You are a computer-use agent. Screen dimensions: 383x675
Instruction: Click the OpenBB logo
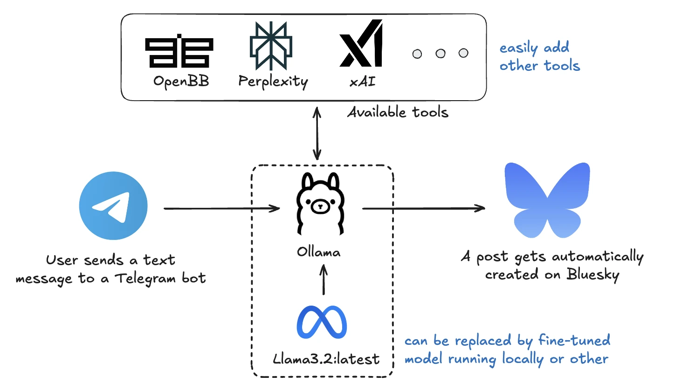pos(179,51)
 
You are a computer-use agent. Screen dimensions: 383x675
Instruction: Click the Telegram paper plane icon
pos(113,207)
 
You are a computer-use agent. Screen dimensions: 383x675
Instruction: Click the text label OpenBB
pos(181,82)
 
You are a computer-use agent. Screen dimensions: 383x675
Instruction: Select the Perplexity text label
pos(273,82)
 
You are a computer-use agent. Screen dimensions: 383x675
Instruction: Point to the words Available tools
pos(398,112)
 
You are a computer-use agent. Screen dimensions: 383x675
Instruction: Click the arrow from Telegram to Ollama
pos(222,208)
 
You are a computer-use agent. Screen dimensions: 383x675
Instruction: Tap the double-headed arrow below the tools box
pos(317,132)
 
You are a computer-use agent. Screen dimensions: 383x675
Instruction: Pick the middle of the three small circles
pos(441,54)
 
